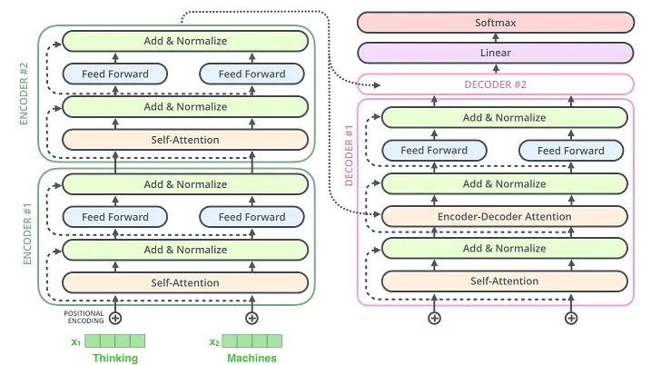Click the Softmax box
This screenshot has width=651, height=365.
[494, 22]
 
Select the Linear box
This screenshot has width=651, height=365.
[494, 53]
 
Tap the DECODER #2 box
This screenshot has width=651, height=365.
[496, 84]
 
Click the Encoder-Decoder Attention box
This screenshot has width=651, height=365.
[505, 216]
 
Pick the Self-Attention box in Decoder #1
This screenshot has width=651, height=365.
[505, 281]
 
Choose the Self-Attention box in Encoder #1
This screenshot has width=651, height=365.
[185, 282]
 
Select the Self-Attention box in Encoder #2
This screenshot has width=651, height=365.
[185, 140]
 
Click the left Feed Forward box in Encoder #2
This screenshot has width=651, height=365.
[114, 74]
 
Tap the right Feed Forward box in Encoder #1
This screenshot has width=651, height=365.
[252, 217]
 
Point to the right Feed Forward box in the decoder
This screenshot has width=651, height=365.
[571, 151]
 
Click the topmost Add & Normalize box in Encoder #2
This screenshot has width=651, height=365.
[185, 41]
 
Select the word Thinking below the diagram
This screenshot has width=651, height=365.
[115, 358]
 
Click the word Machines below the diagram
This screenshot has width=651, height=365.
[252, 358]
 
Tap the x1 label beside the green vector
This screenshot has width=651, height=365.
[76, 342]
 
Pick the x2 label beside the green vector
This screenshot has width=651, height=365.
[214, 342]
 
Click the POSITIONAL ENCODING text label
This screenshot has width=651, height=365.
[84, 317]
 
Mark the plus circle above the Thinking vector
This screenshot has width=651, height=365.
[115, 318]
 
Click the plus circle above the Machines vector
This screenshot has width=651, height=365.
[252, 318]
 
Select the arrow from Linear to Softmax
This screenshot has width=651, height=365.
[494, 37]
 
